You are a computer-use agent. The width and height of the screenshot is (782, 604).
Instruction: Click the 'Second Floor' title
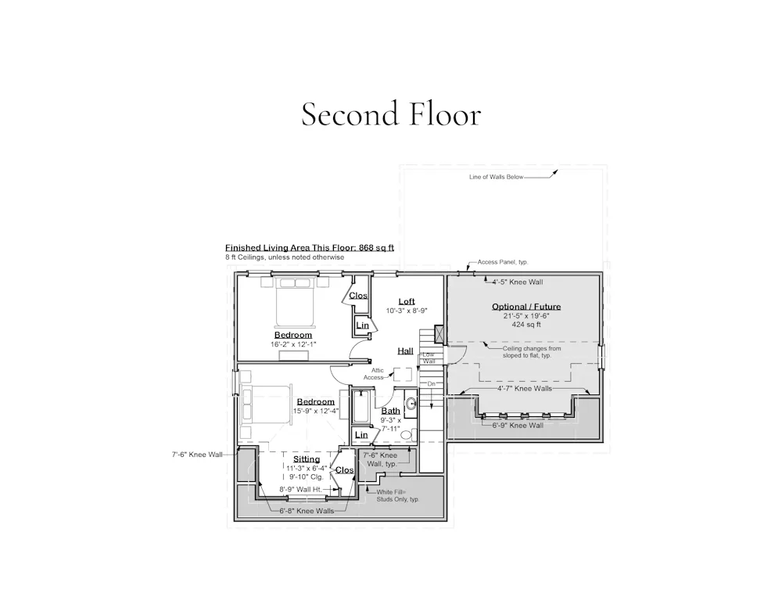tap(391, 113)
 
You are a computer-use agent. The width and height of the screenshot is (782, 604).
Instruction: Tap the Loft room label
tap(407, 301)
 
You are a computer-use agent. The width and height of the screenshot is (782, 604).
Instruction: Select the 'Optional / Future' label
tap(526, 307)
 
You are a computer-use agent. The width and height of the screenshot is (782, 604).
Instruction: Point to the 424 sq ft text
tap(526, 325)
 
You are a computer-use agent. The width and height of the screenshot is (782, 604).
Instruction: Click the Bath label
tap(390, 411)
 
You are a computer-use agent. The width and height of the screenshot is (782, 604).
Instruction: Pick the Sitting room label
tap(307, 459)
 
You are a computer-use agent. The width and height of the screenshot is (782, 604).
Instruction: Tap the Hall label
tap(405, 351)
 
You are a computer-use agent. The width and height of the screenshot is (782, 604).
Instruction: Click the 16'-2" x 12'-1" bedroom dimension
tap(293, 344)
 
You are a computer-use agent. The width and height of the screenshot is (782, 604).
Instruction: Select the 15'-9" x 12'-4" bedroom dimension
tap(316, 412)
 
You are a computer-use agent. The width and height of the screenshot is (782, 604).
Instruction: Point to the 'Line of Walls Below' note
tap(497, 177)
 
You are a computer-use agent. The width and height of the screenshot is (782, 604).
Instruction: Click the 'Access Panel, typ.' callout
tap(503, 262)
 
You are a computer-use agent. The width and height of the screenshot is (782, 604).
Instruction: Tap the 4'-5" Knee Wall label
tap(518, 282)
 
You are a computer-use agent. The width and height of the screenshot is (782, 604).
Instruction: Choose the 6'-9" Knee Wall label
tap(518, 426)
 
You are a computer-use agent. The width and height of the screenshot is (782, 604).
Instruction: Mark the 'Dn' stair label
tap(432, 384)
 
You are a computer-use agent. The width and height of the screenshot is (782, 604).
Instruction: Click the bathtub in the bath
tap(360, 406)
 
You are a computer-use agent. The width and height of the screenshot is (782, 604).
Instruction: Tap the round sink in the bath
tap(411, 404)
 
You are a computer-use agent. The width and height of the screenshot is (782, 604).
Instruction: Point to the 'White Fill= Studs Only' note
tap(398, 496)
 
